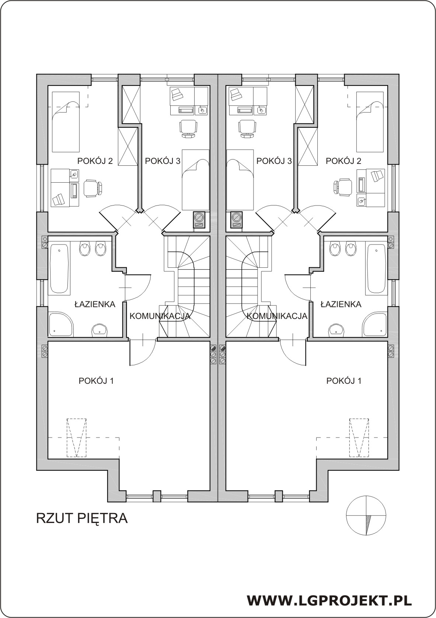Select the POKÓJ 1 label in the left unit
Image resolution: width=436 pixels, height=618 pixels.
[x=96, y=381]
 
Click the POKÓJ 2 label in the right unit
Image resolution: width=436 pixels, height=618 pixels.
[x=343, y=161]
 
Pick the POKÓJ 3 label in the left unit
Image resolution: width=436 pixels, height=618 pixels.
[x=163, y=161]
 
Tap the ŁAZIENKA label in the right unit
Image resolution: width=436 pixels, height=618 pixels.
[x=341, y=304]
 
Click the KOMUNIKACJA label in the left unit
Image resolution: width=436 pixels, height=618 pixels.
[x=160, y=316]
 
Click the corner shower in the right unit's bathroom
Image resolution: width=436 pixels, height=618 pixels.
[x=375, y=324]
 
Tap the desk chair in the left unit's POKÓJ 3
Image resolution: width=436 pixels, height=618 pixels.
[x=189, y=128]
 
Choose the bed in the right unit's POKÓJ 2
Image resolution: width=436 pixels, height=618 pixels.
[x=370, y=122]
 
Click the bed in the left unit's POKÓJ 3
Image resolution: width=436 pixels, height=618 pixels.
[x=195, y=180]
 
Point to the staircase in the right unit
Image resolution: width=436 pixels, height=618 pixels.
[x=251, y=286]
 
